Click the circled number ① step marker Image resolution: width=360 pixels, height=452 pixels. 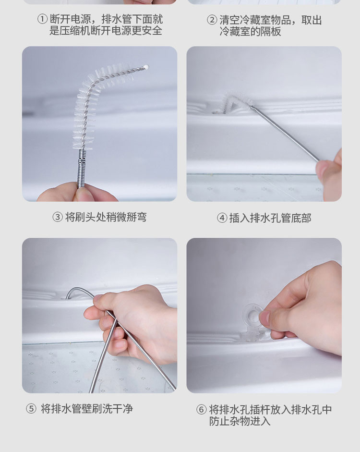[x=42, y=19]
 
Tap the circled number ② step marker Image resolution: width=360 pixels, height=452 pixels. [x=212, y=20]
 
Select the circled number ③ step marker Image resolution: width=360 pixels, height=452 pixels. [x=57, y=217]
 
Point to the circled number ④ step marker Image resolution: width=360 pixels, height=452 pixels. [x=222, y=218]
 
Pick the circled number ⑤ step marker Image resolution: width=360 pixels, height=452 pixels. [x=31, y=409]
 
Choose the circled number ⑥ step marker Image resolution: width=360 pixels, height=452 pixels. [x=201, y=409]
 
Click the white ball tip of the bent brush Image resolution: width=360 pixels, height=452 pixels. [x=146, y=67]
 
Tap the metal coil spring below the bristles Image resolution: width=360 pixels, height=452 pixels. [x=82, y=169]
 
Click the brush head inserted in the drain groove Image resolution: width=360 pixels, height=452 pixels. [x=235, y=102]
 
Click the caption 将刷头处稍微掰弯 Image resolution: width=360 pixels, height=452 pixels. [x=106, y=217]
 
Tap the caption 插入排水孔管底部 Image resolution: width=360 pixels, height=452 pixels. [x=270, y=218]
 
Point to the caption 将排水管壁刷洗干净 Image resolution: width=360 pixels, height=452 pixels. [x=87, y=409]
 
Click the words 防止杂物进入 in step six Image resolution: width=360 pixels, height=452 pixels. [x=240, y=421]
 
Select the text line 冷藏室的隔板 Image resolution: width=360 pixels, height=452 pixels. [x=250, y=31]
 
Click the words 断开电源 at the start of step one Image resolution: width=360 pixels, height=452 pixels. [x=71, y=19]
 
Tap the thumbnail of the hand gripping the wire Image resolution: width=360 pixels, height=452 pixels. [x=100, y=316]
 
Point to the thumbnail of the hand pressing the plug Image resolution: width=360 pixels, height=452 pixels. [x=264, y=316]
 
